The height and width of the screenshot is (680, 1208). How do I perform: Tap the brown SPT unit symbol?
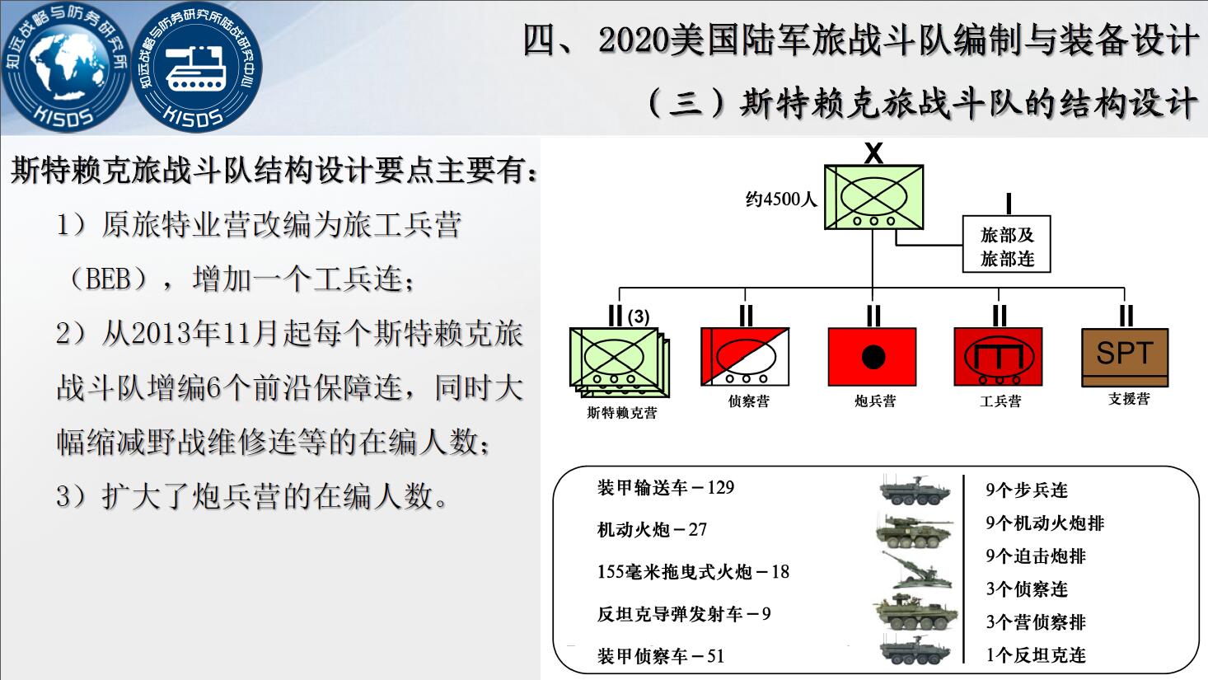point(1125,357)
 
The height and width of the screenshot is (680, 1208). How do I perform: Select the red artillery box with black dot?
point(872,356)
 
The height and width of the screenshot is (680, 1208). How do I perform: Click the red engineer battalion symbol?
point(998,356)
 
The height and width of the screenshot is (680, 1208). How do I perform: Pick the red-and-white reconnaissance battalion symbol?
point(745,356)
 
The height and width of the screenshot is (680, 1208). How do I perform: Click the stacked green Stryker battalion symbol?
point(619,363)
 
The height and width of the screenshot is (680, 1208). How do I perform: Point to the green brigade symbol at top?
point(873,197)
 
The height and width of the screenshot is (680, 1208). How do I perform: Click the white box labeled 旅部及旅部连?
point(1006,244)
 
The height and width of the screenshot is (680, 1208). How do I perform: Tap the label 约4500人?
point(781,199)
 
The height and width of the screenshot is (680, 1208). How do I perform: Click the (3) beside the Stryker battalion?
point(639,317)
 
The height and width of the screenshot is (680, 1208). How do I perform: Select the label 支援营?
point(1129,399)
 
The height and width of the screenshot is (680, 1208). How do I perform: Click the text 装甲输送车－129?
point(666,487)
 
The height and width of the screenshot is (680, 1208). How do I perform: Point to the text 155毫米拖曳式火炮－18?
point(693,571)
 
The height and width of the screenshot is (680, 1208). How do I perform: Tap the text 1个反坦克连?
point(1036,655)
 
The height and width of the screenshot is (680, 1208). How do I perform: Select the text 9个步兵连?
point(1027,490)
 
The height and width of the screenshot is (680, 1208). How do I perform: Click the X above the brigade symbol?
point(873,153)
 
